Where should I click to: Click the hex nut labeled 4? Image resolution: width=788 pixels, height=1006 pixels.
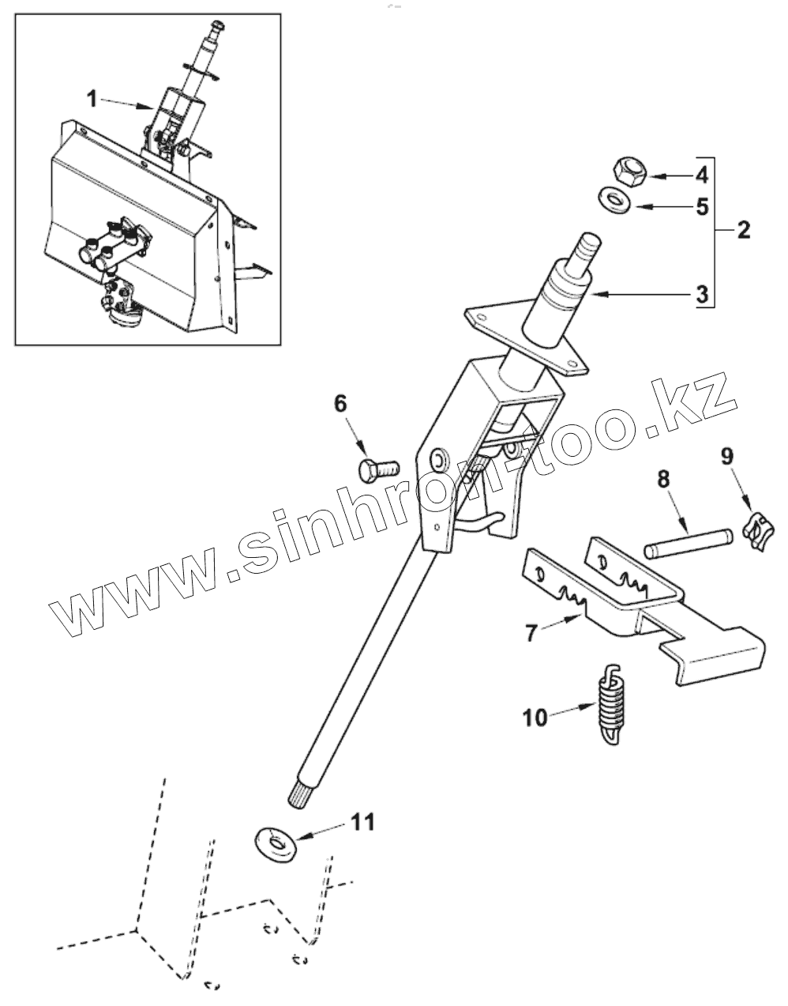629,171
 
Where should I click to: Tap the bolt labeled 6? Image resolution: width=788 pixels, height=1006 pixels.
378,469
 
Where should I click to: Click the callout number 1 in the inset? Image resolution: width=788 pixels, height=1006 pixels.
92,99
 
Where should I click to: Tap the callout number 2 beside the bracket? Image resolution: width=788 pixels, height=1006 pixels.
742,231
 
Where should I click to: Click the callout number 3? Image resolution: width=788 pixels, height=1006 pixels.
702,295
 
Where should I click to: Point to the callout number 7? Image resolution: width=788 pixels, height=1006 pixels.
531,632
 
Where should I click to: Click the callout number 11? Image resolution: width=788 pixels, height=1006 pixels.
362,822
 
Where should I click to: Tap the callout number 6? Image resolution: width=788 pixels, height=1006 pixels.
340,404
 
